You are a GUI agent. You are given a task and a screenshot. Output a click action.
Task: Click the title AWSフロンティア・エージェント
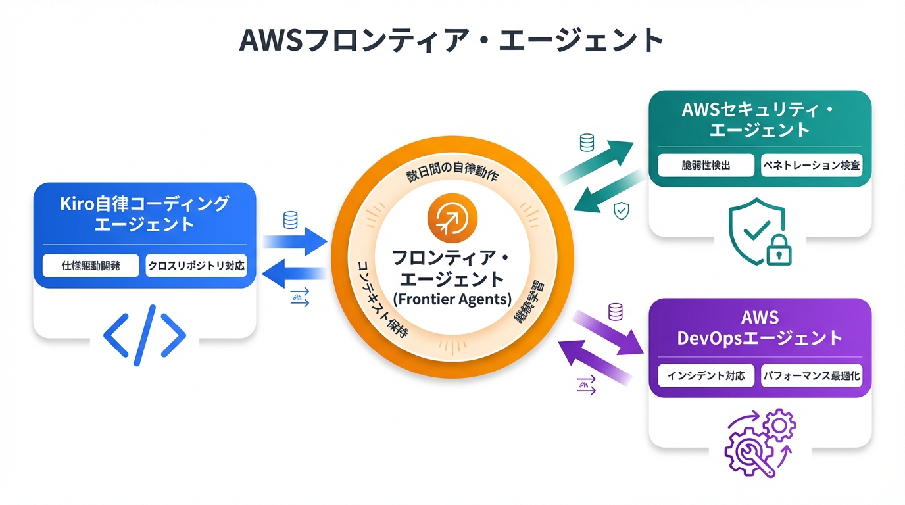pyautogui.click(x=451, y=41)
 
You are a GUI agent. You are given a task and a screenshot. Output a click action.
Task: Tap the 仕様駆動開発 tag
pyautogui.click(x=91, y=266)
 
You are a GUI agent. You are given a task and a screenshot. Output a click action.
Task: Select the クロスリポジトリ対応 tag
pyautogui.click(x=196, y=266)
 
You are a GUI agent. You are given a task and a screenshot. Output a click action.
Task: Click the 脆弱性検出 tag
pyautogui.click(x=706, y=165)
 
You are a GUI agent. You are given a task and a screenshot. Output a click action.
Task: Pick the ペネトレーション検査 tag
pyautogui.click(x=811, y=165)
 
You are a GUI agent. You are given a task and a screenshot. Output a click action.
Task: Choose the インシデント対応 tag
pyautogui.click(x=706, y=376)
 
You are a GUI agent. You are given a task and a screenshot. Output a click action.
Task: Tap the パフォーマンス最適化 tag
pyautogui.click(x=812, y=376)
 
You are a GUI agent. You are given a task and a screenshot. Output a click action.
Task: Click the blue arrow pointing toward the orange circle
pyautogui.click(x=296, y=241)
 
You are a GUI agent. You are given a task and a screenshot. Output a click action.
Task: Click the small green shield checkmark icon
pyautogui.click(x=621, y=210)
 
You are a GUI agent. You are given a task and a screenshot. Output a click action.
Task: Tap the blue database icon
pyautogui.click(x=290, y=220)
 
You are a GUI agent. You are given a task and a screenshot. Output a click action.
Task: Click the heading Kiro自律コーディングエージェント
pyautogui.click(x=145, y=213)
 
